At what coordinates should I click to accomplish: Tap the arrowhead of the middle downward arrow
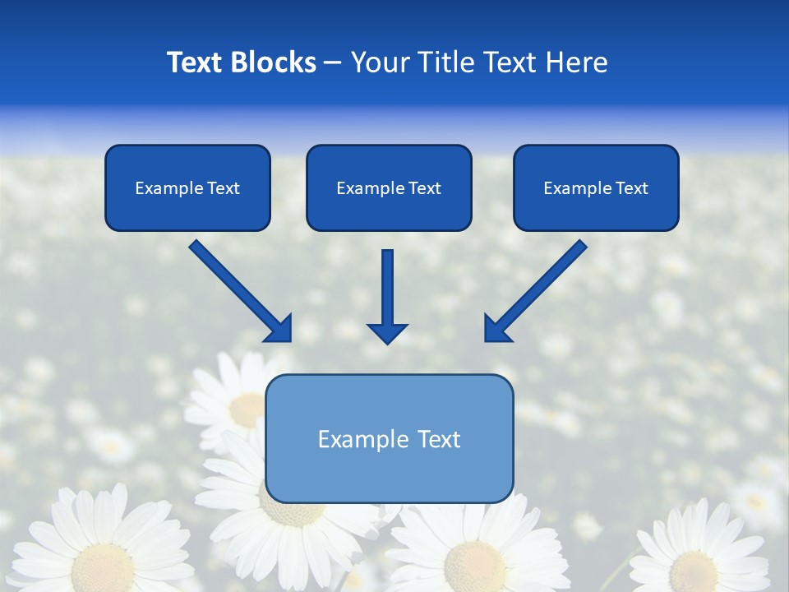(387, 333)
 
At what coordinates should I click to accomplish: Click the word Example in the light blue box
(351, 439)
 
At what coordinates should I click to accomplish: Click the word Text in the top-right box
(631, 188)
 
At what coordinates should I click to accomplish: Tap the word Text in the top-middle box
(424, 188)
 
